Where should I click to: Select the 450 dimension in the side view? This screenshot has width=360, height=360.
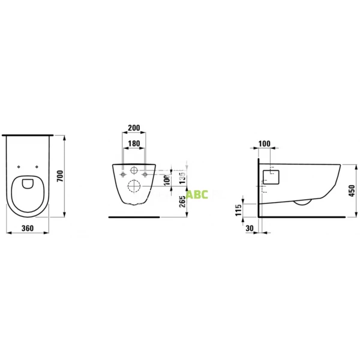click(352, 190)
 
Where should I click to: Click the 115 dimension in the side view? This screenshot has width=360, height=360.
click(238, 209)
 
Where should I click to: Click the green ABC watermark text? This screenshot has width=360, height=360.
click(197, 195)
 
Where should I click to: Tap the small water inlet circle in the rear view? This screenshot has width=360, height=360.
click(133, 170)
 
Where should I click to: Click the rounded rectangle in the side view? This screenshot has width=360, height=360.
click(271, 176)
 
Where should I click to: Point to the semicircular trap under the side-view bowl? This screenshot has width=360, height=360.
click(301, 202)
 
